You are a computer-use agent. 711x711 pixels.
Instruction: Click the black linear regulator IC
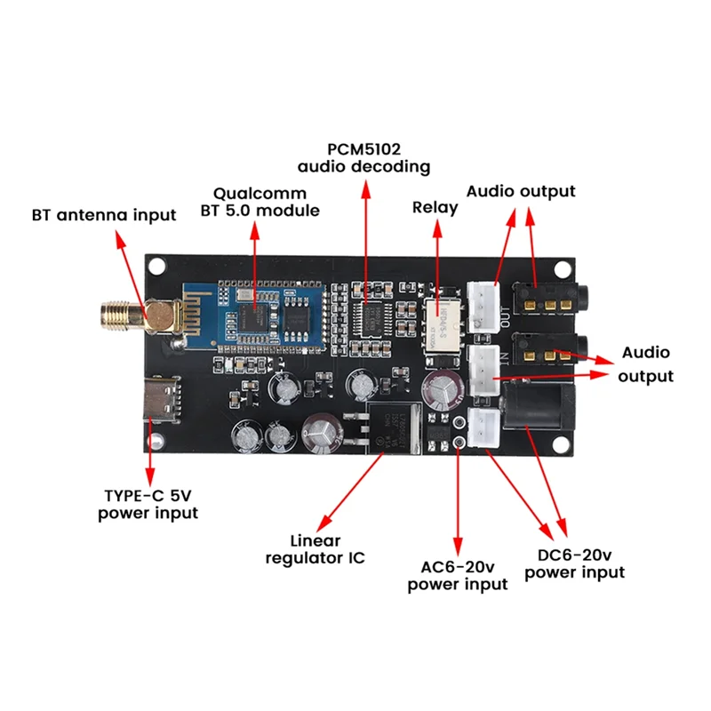tap(388, 425)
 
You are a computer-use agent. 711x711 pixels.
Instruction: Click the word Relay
tap(435, 207)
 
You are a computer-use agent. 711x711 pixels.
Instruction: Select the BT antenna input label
tap(104, 215)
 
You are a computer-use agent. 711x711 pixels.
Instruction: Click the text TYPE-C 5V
tap(148, 496)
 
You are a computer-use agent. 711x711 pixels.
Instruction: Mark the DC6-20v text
tap(574, 555)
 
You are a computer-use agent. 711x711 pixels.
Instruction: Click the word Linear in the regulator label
tap(316, 540)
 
